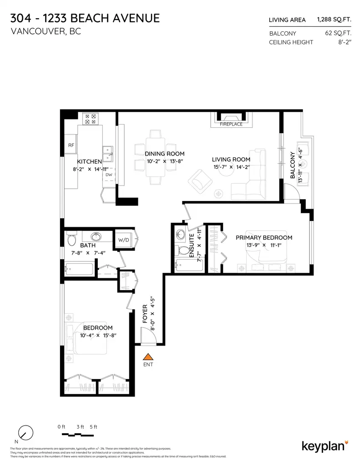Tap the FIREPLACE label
coord(231,124)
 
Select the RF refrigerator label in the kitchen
coord(71,145)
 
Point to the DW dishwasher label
coord(108,175)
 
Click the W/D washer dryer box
coord(123,240)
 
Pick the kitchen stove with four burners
coord(89,119)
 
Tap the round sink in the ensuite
coord(181,235)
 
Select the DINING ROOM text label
coord(164,154)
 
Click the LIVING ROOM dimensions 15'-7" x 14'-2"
coord(231,167)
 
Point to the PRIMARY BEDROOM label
coord(263,237)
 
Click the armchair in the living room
coord(201,180)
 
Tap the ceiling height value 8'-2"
coord(342,42)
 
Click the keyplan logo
coord(325,445)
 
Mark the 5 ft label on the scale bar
coord(93,426)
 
